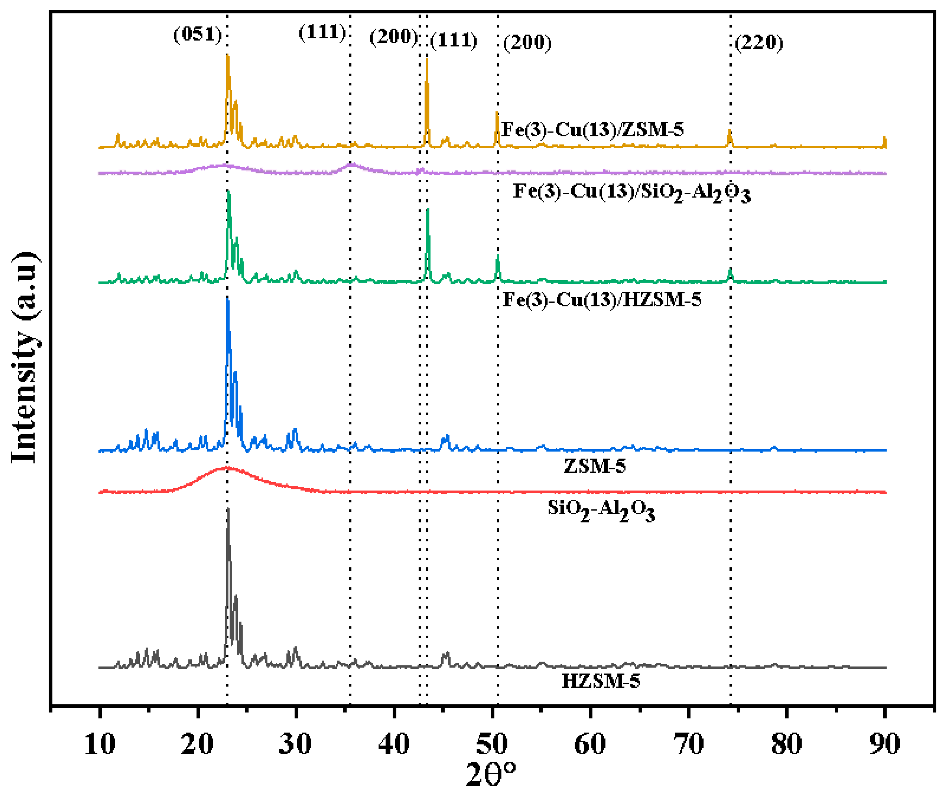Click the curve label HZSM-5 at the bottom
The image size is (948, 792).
(600, 681)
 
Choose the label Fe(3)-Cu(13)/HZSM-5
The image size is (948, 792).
(602, 300)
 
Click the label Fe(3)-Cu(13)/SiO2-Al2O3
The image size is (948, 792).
(631, 193)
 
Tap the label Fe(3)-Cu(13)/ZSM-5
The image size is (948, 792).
(593, 130)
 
